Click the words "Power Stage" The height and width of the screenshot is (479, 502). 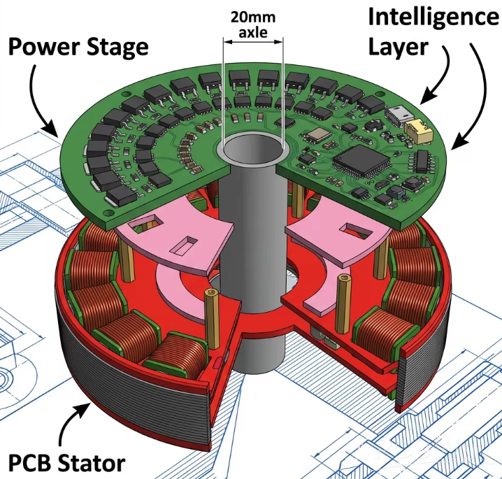(78, 48)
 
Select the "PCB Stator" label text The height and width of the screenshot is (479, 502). (66, 462)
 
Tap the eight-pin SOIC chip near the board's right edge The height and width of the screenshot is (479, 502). (422, 159)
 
